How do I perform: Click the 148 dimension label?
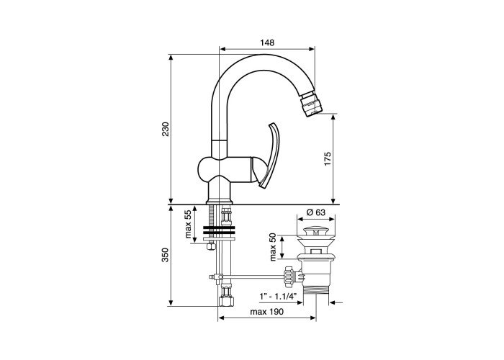(267, 42)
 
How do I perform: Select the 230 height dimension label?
(165, 129)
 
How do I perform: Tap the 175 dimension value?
(327, 158)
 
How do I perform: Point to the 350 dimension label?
(165, 255)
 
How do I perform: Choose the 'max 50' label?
(273, 247)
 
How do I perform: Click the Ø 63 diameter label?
(316, 212)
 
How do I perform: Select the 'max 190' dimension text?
(267, 312)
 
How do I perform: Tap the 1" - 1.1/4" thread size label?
(279, 297)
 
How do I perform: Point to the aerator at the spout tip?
(311, 104)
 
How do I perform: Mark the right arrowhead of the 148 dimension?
(312, 49)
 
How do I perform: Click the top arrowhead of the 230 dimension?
(171, 58)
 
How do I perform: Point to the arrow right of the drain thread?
(336, 302)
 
